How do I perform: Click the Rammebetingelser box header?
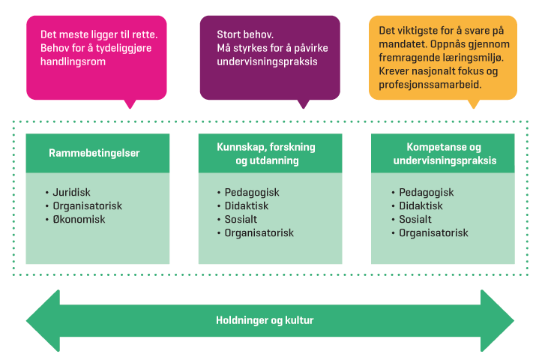[x=94, y=153]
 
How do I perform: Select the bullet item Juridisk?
[x=71, y=192]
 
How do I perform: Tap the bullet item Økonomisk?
[x=79, y=220]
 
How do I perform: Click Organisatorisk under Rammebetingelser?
[x=87, y=205]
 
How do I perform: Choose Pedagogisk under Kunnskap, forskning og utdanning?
[x=252, y=192]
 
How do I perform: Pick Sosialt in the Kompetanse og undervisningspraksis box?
[x=415, y=220]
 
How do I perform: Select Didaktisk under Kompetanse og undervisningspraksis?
[x=420, y=205]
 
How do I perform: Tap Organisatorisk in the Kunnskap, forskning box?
[x=259, y=233]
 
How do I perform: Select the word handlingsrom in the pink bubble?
[x=73, y=62]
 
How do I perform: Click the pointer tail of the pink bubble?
[x=132, y=103]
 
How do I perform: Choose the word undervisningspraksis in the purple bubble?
[x=267, y=61]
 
